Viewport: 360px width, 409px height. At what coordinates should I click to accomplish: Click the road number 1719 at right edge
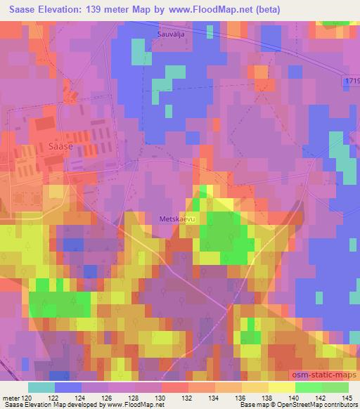[352, 82]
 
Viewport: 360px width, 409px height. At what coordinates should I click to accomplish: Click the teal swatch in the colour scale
[41, 387]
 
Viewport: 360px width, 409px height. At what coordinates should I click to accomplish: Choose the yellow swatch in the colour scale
[282, 387]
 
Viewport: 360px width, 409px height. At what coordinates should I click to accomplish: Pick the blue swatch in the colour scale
[67, 387]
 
